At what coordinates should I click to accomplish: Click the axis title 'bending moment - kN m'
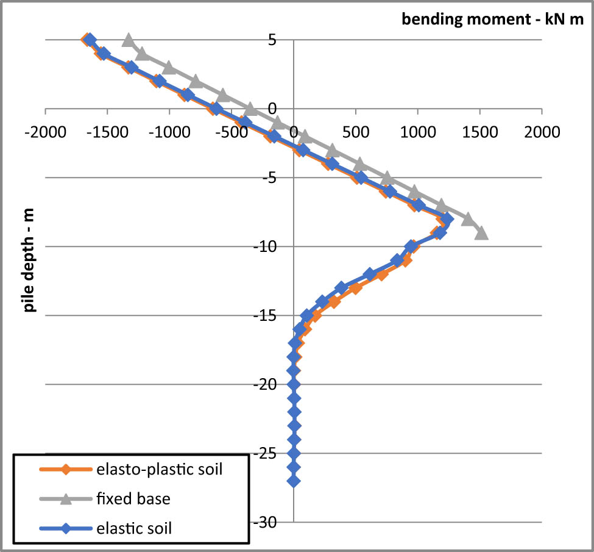(492, 20)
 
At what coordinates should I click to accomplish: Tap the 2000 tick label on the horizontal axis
(542, 132)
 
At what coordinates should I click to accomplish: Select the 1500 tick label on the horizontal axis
(479, 132)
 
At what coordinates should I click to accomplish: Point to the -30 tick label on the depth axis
(266, 523)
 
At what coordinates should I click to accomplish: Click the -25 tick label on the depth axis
(266, 454)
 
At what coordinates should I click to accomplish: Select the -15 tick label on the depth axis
(266, 316)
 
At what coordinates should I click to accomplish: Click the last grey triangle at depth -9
(481, 233)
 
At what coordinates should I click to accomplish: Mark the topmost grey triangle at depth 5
(128, 41)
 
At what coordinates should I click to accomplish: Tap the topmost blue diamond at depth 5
(90, 40)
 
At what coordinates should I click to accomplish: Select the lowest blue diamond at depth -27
(294, 481)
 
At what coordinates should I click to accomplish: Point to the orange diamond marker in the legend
(65, 470)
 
